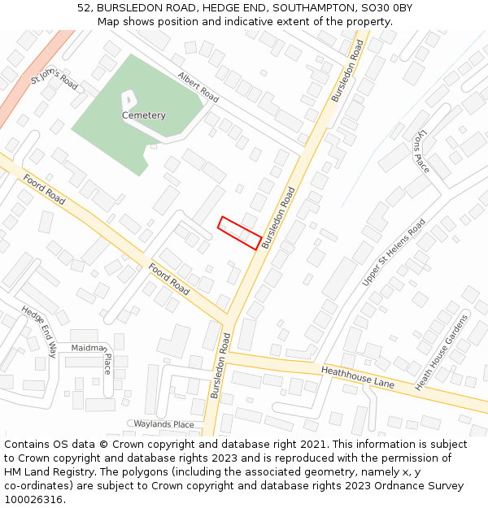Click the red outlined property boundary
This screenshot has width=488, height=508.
click(239, 232)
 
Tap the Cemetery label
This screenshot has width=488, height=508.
click(144, 115)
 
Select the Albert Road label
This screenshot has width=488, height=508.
click(198, 87)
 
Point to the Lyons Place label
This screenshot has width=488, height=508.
click(421, 152)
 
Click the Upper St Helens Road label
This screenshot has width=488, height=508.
click(394, 252)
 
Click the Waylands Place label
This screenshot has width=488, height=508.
click(164, 424)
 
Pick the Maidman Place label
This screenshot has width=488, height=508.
click(89, 349)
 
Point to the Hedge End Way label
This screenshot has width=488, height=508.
click(39, 332)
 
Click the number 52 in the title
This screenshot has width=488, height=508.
click(84, 7)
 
